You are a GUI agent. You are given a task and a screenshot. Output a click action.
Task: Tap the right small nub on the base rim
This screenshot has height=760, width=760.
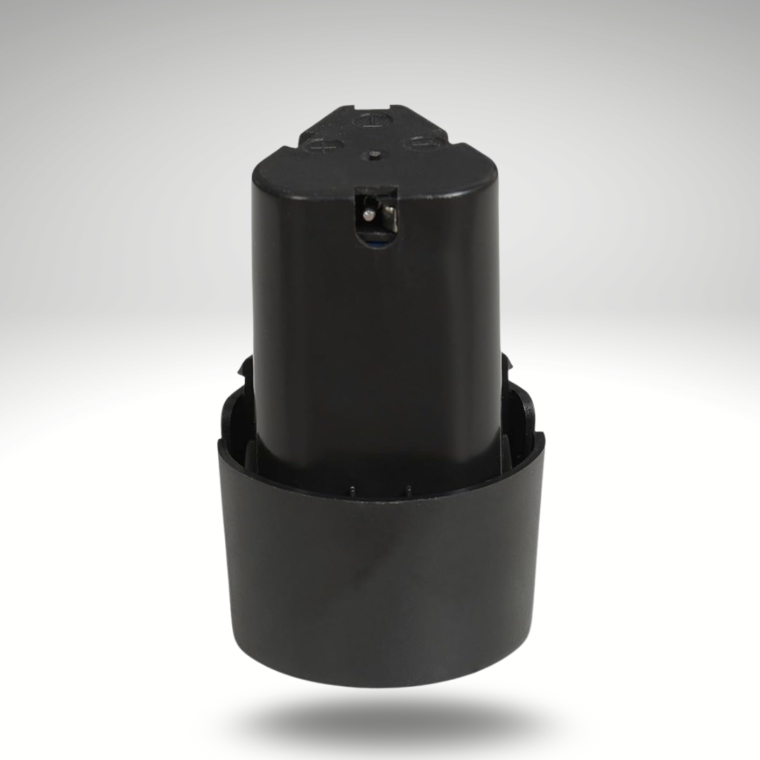407,488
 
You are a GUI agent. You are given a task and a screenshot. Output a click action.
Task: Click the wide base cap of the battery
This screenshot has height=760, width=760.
380,577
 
